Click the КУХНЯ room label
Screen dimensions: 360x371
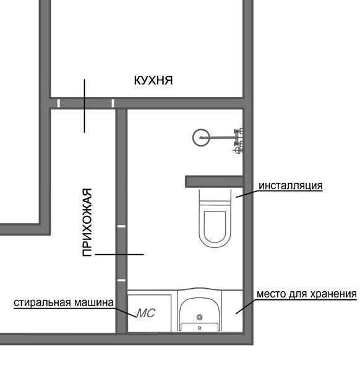(x=153, y=80)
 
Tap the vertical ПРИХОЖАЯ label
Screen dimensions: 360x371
(x=87, y=223)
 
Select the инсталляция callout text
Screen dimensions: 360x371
(x=291, y=185)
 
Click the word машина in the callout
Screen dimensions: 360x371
(x=94, y=302)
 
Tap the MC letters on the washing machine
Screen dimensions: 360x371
(x=145, y=313)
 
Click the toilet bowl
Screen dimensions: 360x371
(x=215, y=226)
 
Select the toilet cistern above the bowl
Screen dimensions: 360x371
(x=215, y=196)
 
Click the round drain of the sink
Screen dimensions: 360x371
(x=200, y=317)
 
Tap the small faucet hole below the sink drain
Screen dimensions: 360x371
(x=199, y=328)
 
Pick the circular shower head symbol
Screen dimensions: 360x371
(x=201, y=137)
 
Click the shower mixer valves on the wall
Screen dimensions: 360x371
(x=238, y=140)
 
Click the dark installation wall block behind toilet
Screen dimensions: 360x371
(x=214, y=181)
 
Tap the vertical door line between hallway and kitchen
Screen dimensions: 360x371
(x=84, y=106)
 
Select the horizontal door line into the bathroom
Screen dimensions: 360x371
(x=119, y=254)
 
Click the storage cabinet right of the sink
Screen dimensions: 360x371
(x=233, y=311)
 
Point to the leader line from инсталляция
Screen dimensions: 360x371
(x=247, y=194)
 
